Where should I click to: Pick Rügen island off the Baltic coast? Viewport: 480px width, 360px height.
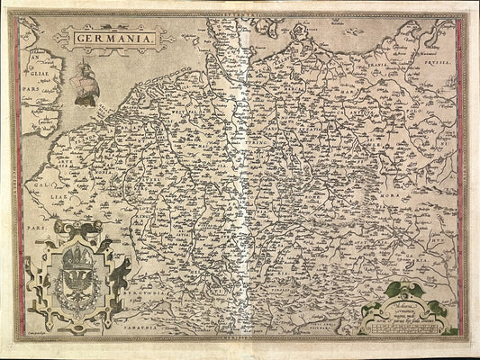(297, 36)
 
